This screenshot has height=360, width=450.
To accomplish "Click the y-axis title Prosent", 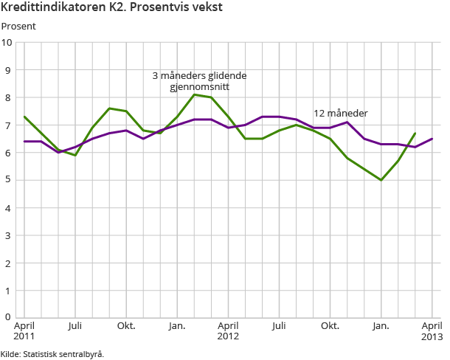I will point(18,27).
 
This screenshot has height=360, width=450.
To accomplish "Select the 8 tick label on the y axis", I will point(9,97).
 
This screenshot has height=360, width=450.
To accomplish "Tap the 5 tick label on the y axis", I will point(9,180).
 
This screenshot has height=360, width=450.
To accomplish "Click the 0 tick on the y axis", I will point(9,318).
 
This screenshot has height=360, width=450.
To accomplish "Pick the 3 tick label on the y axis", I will point(9,235).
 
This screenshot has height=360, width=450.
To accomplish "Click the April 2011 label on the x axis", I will point(24,331).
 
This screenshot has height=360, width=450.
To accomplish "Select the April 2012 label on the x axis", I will point(228,331).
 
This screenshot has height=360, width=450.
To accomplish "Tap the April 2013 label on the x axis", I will point(431,331).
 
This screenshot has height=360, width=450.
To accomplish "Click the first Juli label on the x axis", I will point(75,325).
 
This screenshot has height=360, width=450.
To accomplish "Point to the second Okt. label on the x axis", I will point(330,325).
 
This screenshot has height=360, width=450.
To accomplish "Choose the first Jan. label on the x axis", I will point(177,325).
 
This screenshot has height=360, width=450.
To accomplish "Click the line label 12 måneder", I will point(341,113).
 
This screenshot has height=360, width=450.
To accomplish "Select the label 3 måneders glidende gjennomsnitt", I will point(199,81).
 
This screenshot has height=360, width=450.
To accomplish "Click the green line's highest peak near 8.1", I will point(194,94).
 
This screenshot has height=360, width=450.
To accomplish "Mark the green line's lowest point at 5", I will point(381,180).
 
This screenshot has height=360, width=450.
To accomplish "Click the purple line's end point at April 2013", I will point(432,139).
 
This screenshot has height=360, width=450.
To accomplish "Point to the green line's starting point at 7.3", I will point(24,117).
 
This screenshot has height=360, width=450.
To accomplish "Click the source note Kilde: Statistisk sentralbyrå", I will point(52,353).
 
